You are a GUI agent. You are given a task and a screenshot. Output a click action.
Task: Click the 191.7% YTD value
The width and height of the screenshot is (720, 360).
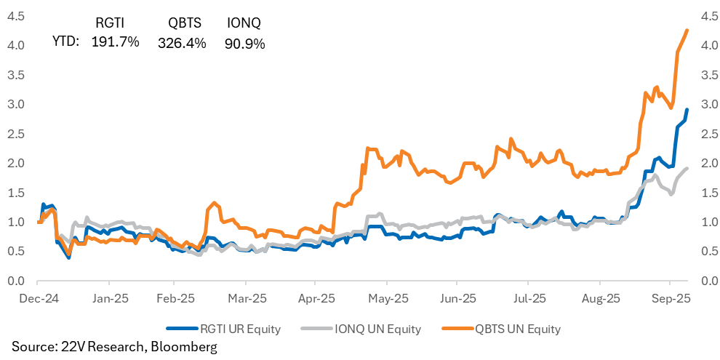(116, 42)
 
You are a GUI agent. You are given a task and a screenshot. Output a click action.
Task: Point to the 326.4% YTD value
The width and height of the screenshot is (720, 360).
(182, 42)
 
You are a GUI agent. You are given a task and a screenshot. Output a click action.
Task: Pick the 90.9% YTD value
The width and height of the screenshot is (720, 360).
(244, 42)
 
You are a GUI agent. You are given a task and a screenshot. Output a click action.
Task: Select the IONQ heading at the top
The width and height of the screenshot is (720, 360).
(244, 23)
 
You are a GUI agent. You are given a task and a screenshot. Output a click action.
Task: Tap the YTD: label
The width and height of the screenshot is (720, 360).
(66, 42)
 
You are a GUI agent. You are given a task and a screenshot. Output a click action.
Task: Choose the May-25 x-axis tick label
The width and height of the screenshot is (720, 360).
(389, 298)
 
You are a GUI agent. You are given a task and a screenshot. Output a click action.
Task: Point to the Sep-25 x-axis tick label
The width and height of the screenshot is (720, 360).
(671, 298)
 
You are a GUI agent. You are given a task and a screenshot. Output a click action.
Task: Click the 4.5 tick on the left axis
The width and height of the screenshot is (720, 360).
(17, 15)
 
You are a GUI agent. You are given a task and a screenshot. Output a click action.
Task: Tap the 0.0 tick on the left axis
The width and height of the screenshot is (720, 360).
(17, 281)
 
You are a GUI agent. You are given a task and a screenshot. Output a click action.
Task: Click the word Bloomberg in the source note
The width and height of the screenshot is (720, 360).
(183, 348)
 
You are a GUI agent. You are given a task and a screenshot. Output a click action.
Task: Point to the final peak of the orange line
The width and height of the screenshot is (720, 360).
(687, 30)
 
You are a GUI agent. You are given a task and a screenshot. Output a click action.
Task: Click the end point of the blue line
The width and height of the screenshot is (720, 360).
(687, 110)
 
